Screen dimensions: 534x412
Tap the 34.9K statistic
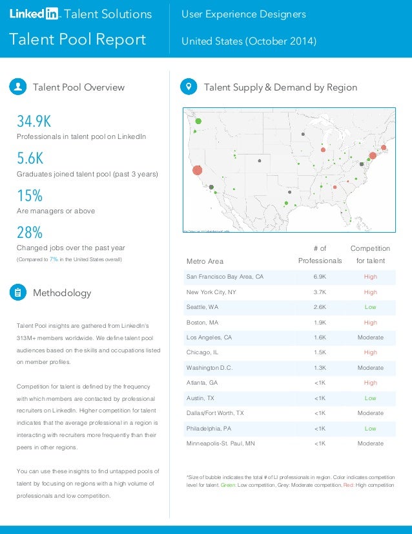(34, 122)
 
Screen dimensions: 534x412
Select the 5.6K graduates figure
(30, 158)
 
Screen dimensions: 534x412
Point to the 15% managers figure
(29, 196)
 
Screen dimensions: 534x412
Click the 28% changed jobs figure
(29, 232)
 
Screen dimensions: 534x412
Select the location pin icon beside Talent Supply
(189, 87)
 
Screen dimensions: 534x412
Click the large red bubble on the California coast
(197, 171)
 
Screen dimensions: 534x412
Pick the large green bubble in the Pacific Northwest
(198, 121)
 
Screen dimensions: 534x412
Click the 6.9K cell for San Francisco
(320, 277)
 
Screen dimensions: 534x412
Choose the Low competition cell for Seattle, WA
(370, 307)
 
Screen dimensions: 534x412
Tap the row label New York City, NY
(211, 292)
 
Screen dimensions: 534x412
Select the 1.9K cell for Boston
(320, 323)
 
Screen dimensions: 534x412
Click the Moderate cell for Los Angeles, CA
(370, 337)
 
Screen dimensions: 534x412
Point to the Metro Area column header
(205, 261)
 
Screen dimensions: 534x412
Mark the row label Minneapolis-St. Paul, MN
(220, 443)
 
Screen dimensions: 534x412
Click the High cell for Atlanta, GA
(370, 383)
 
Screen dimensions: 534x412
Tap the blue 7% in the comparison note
(54, 259)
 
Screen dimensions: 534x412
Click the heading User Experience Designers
(243, 14)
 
